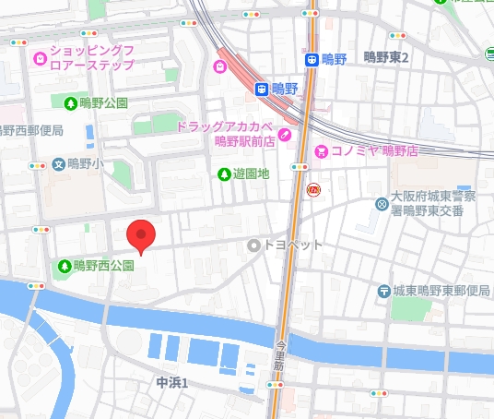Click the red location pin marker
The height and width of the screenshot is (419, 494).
[x=140, y=235]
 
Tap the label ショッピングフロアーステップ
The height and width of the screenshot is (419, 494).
[x=91, y=57]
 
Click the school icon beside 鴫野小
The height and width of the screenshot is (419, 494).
[x=59, y=163]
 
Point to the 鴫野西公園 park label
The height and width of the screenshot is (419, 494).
[x=103, y=266]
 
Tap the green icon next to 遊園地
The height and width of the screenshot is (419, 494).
[x=223, y=174]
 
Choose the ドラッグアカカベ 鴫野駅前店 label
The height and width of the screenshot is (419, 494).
[x=225, y=134]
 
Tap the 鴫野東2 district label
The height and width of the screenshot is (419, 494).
[x=385, y=57]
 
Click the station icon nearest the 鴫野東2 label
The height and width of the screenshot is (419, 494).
[x=312, y=59]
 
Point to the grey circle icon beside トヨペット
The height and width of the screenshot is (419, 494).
[x=254, y=245]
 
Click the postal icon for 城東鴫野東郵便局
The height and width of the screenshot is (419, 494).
[x=383, y=292]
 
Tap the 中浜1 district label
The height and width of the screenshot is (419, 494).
[x=171, y=382]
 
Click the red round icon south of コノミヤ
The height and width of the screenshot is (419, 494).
[x=313, y=190]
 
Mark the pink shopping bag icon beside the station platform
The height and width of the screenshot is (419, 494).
[x=219, y=66]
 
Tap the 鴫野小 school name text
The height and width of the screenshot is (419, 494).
[x=88, y=163]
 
